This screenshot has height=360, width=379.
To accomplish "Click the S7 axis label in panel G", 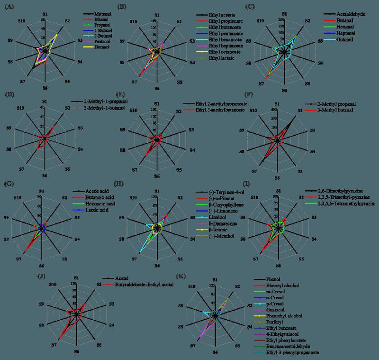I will pyautogui.click(x=18, y=258).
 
